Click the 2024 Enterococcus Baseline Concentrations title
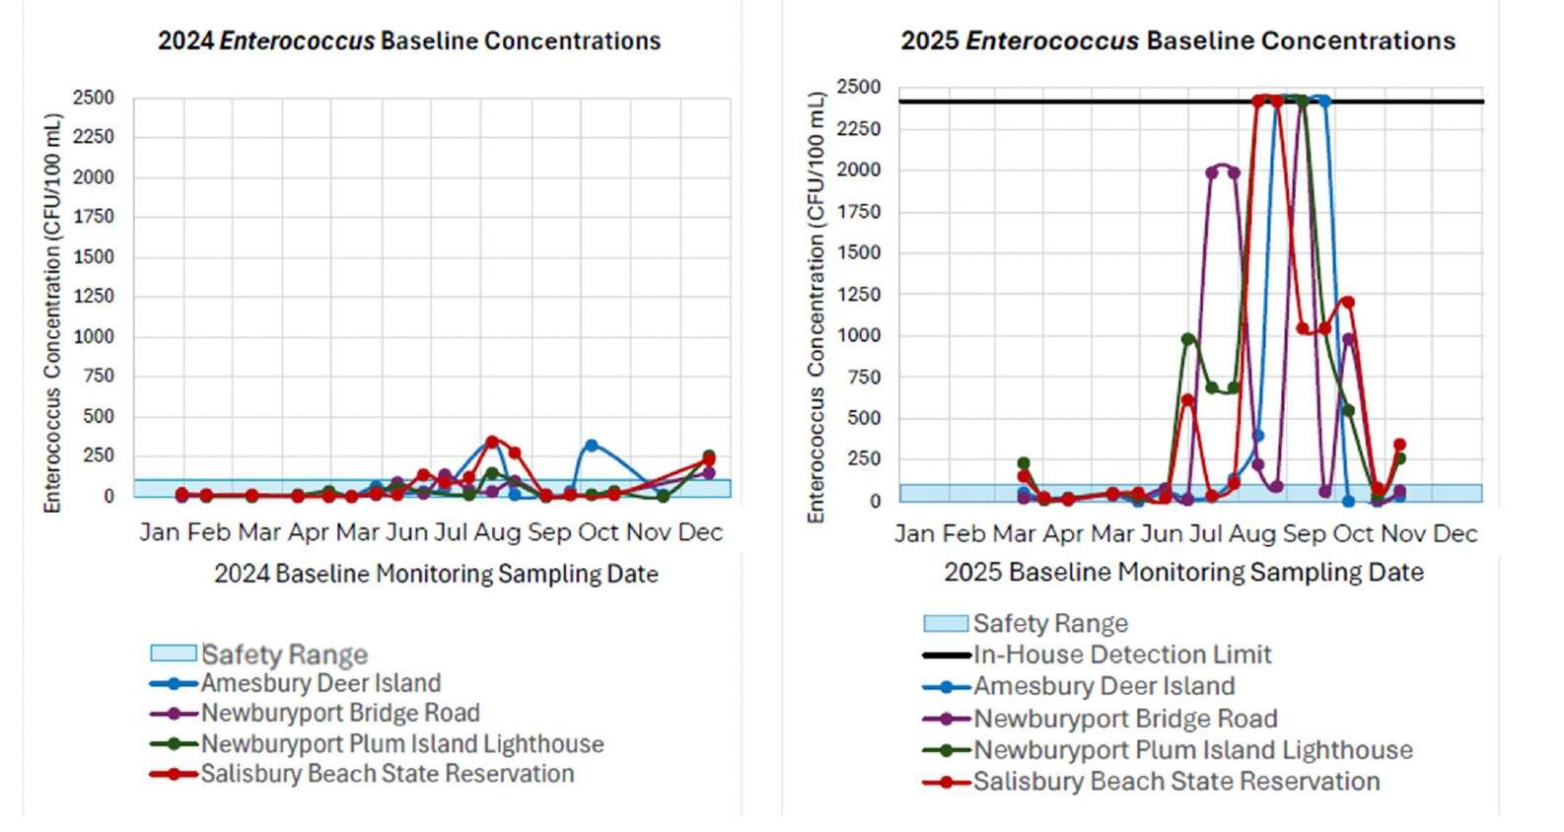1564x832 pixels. (x=409, y=41)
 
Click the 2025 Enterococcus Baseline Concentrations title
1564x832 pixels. (x=1177, y=41)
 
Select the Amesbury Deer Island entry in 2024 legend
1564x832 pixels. (x=320, y=683)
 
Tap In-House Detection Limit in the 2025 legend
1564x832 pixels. (x=1121, y=655)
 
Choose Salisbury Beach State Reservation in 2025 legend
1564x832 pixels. (x=1175, y=782)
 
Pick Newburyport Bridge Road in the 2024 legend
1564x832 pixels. (x=340, y=713)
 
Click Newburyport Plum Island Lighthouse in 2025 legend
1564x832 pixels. (x=1192, y=750)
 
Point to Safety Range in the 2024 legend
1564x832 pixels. (x=284, y=655)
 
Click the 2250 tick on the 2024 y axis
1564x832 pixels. (x=93, y=137)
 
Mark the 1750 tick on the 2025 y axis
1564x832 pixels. (x=858, y=212)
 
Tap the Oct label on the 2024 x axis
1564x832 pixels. (x=598, y=532)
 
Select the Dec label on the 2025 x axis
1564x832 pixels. (x=1455, y=534)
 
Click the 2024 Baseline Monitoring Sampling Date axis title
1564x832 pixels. (x=436, y=574)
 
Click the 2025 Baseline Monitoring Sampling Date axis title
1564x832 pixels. (x=1183, y=572)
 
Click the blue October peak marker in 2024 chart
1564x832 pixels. (x=591, y=446)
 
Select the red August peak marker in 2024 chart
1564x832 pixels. (x=492, y=442)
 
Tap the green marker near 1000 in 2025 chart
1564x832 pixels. (x=1187, y=339)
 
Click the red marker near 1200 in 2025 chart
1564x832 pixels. (x=1347, y=303)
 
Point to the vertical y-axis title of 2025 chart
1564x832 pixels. (x=816, y=306)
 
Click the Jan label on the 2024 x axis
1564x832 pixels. (x=159, y=532)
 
